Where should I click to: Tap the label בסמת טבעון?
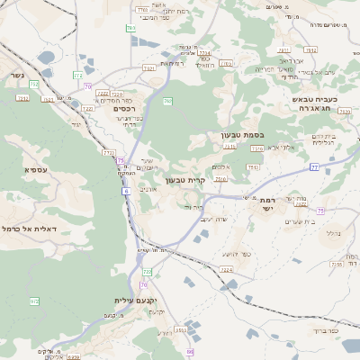tap(239, 136)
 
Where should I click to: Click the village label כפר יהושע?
tap(232, 255)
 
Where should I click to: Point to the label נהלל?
tap(332, 232)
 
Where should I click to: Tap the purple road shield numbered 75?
tap(121, 160)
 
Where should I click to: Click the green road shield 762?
tap(167, 102)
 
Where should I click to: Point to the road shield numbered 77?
tap(315, 167)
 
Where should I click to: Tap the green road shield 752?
tap(34, 84)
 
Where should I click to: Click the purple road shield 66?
tap(190, 351)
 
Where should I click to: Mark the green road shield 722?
tap(147, 272)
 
